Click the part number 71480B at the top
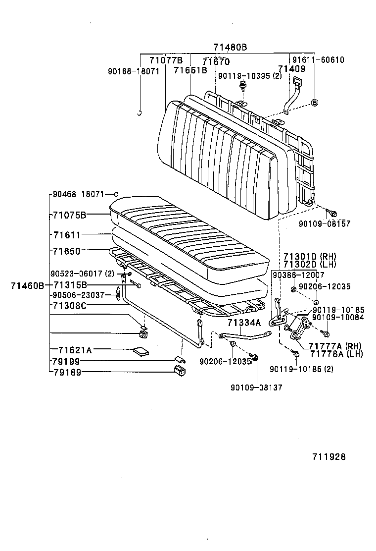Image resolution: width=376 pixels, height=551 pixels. click(x=230, y=48)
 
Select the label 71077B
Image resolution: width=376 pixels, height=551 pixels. click(x=166, y=60)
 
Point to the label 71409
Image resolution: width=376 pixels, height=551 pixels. click(x=291, y=69)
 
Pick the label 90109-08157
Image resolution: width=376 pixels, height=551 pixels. click(x=324, y=224)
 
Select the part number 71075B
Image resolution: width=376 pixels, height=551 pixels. click(x=70, y=215)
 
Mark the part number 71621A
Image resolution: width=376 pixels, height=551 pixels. click(x=75, y=350)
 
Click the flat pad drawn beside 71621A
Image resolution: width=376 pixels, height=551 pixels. click(x=141, y=351)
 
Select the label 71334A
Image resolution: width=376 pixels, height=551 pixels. click(x=244, y=323)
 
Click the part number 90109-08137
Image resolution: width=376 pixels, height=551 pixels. click(x=256, y=387)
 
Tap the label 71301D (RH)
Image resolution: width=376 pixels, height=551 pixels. click(x=310, y=256)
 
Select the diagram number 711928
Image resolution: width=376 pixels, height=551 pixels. click(x=329, y=457)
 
